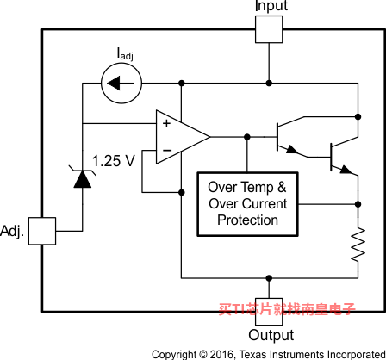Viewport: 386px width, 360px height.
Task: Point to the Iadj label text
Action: pos(125,53)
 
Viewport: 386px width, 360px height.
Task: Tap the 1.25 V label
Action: pos(114,161)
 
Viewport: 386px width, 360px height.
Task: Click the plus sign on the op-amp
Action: pos(166,123)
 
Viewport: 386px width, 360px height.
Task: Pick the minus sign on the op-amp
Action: pos(167,150)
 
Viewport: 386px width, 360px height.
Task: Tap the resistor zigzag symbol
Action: pos(358,245)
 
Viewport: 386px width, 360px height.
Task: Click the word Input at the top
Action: pos(271,6)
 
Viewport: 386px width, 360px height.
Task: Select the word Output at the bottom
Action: pos(271,335)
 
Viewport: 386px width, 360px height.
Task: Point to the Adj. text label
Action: pos(12,231)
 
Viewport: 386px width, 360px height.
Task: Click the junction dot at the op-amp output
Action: pos(247,137)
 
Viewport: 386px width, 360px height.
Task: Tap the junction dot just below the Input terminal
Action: pos(269,84)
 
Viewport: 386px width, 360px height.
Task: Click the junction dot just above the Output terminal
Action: pos(269,278)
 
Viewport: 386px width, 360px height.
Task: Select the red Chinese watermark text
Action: pos(287,309)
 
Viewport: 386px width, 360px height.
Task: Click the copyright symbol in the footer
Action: pos(202,354)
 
